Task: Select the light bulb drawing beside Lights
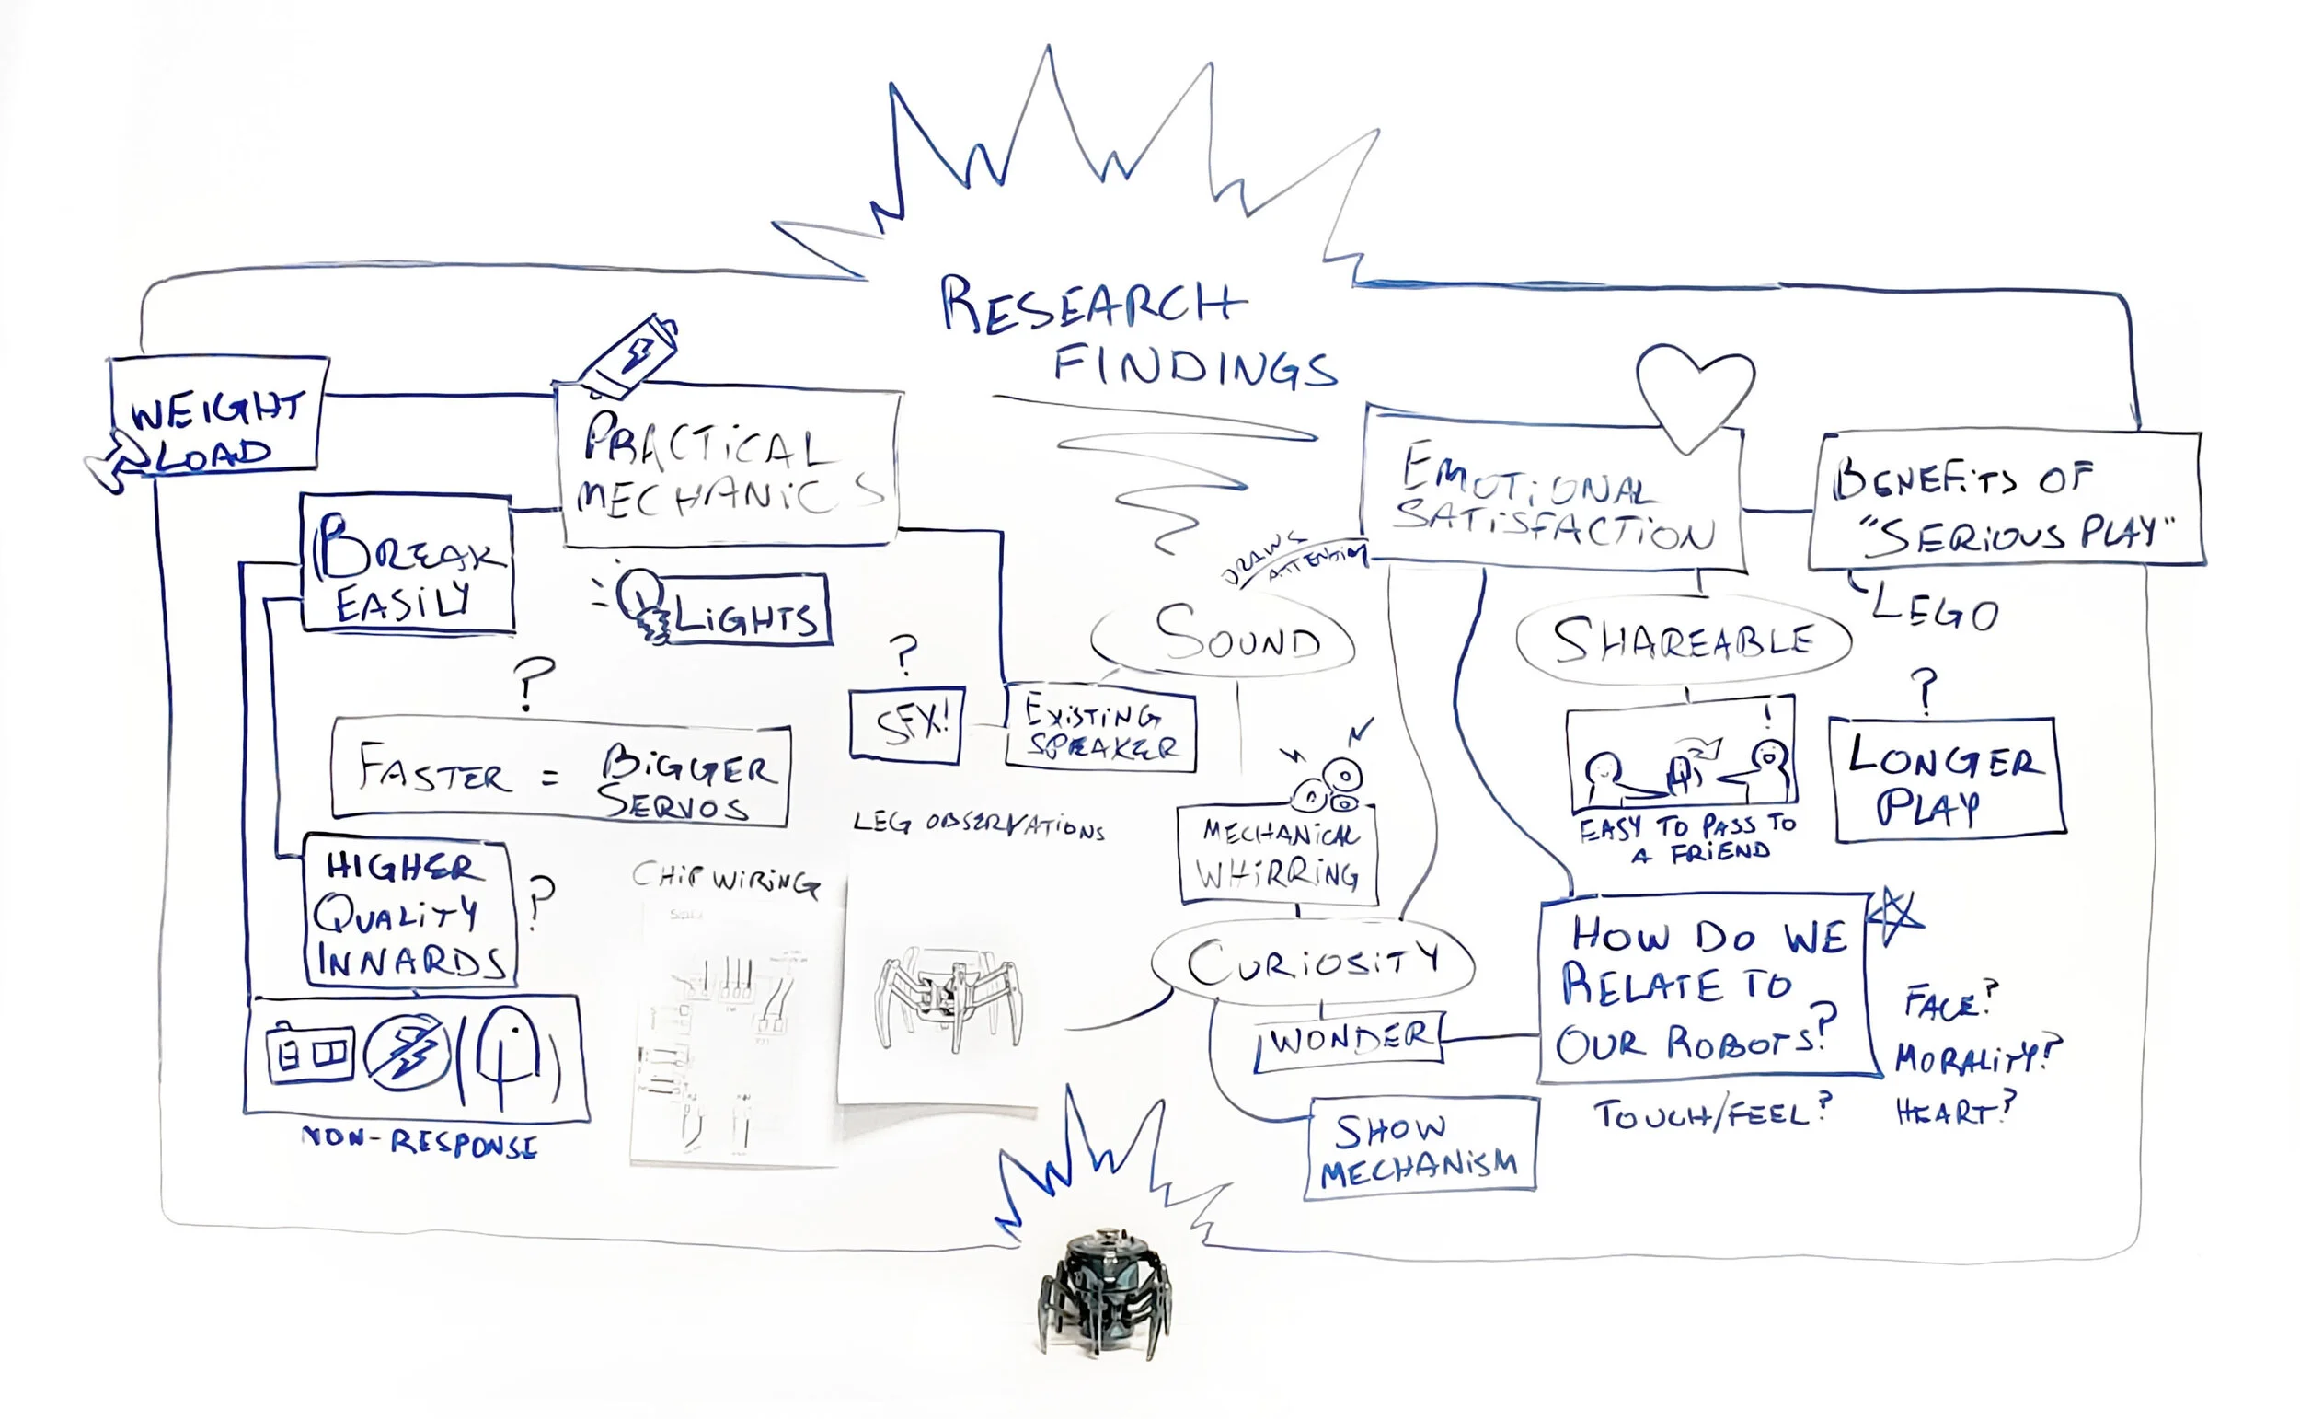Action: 640,603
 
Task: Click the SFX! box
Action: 906,723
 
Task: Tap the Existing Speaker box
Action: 1099,728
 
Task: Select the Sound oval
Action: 1223,636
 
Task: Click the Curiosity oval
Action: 1312,963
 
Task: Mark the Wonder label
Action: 1349,1039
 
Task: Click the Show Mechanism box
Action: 1420,1148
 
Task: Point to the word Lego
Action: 1935,610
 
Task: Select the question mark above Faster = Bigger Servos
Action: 533,682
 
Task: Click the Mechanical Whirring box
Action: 1277,854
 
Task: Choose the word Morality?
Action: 1974,1057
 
